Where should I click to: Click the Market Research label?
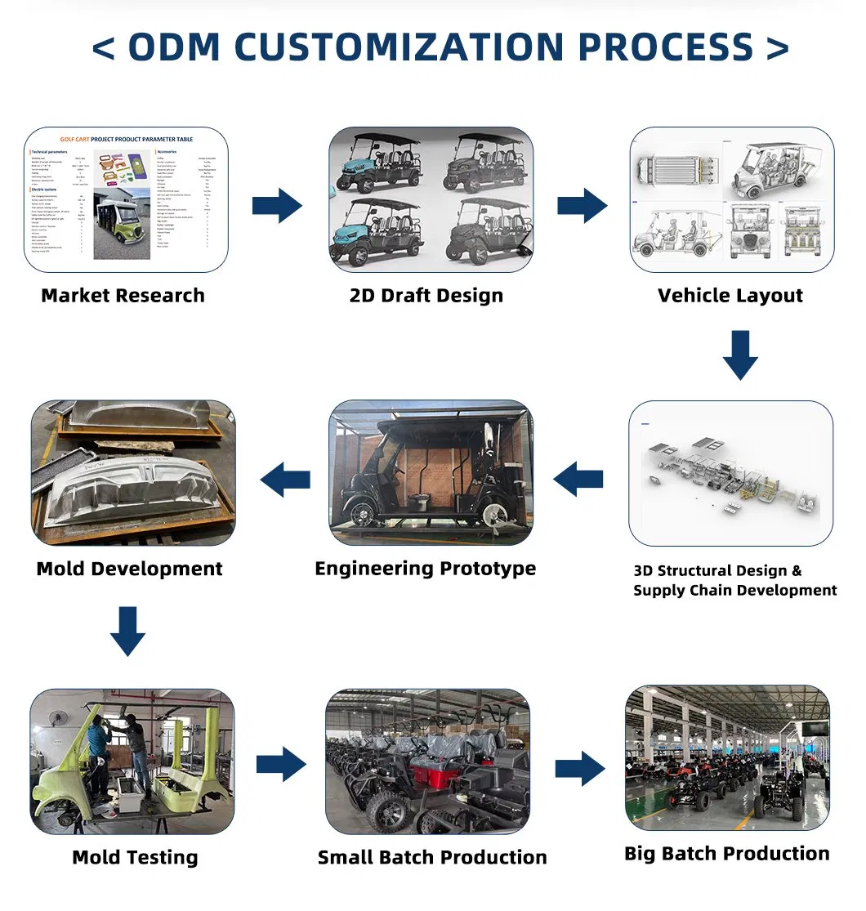[x=123, y=296]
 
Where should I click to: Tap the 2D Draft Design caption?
[x=426, y=296]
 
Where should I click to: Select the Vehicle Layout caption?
[x=730, y=296]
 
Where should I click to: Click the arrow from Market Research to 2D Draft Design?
[x=277, y=205]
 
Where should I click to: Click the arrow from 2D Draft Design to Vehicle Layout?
[x=583, y=205]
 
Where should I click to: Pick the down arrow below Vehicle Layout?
[x=740, y=355]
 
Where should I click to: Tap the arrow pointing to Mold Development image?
[x=286, y=479]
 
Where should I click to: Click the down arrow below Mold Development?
[x=128, y=631]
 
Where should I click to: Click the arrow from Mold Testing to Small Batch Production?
[x=281, y=766]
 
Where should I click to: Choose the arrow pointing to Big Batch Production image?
[x=580, y=769]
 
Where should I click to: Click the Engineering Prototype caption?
[x=426, y=569]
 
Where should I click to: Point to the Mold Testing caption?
[x=135, y=857]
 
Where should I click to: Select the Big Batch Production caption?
[x=727, y=854]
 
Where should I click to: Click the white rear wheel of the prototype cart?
[x=494, y=512]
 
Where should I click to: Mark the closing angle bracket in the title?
[x=778, y=48]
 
